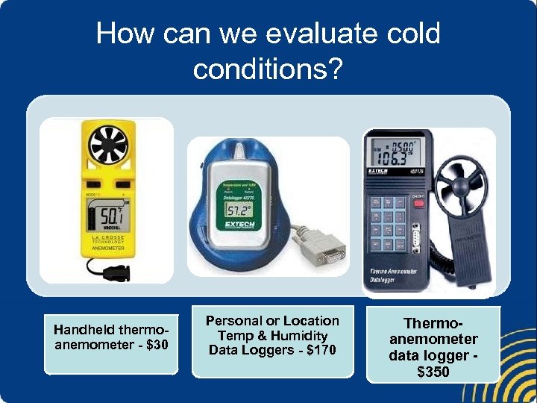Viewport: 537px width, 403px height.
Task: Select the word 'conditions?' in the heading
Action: tap(268, 69)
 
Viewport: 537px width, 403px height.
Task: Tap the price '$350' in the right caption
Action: tap(433, 371)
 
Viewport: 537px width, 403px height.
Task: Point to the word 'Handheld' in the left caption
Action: tap(82, 329)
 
